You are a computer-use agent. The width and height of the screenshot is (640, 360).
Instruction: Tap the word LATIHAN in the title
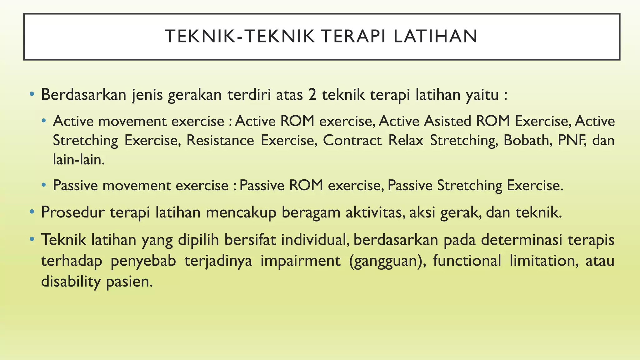click(435, 36)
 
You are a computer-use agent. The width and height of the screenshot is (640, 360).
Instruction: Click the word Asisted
click(447, 121)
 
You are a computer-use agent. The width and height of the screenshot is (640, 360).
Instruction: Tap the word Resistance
click(220, 140)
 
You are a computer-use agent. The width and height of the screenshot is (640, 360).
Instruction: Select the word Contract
click(352, 140)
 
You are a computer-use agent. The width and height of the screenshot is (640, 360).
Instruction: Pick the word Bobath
click(526, 140)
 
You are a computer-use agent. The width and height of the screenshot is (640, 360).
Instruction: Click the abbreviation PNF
click(566, 140)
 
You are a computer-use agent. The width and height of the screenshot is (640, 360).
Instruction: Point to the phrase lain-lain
click(78, 160)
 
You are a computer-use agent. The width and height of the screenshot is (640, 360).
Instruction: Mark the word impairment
click(300, 261)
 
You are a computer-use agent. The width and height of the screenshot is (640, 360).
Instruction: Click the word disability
click(71, 281)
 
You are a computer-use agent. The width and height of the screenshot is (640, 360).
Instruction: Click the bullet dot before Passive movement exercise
click(44, 185)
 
